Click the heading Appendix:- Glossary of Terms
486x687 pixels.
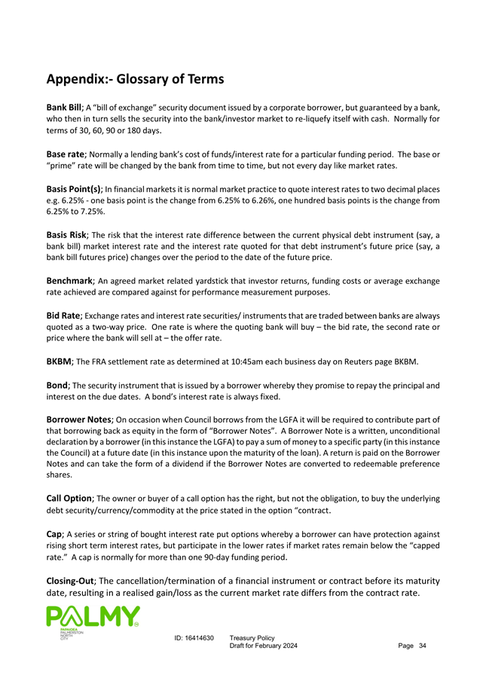tap(135, 78)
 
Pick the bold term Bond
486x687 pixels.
tap(58, 386)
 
